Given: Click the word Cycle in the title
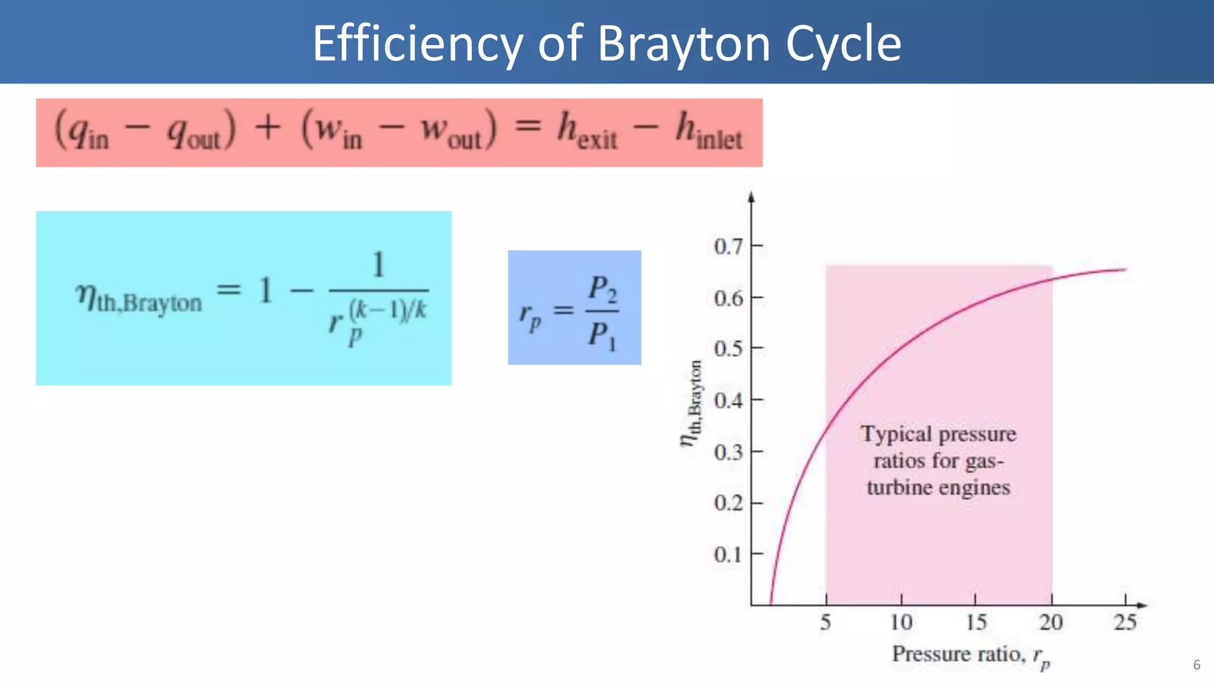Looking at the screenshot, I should pyautogui.click(x=843, y=44).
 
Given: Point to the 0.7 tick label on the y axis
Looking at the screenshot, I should pyautogui.click(x=728, y=246).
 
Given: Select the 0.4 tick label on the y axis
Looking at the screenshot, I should pyautogui.click(x=728, y=401).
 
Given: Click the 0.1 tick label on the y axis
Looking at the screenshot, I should pyautogui.click(x=728, y=555).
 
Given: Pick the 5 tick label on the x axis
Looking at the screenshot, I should pyautogui.click(x=826, y=623).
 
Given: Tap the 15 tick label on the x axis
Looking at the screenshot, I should pyautogui.click(x=976, y=623).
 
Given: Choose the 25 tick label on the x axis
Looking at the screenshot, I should pyautogui.click(x=1125, y=623).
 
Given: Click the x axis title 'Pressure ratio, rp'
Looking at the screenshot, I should pyautogui.click(x=970, y=655).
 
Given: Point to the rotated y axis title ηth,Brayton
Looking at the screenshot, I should pyautogui.click(x=692, y=403).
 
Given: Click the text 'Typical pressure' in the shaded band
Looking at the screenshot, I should pyautogui.click(x=938, y=434).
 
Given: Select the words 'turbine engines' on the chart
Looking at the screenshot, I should pyautogui.click(x=938, y=487).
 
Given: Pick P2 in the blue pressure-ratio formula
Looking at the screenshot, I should pyautogui.click(x=602, y=289).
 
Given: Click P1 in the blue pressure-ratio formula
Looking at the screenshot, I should pyautogui.click(x=602, y=335).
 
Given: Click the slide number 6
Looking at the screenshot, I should pyautogui.click(x=1196, y=665).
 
